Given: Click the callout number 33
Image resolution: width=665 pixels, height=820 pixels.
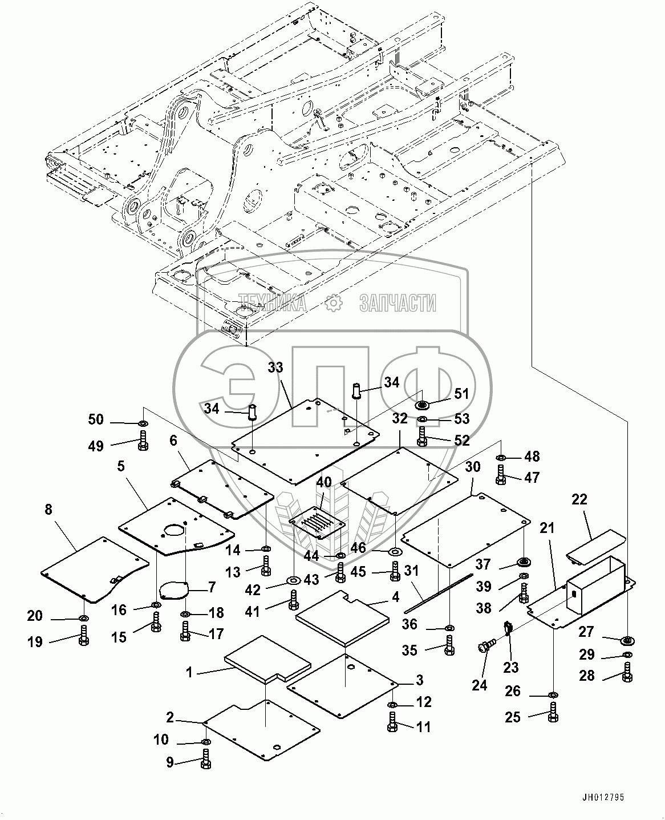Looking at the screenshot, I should [275, 367].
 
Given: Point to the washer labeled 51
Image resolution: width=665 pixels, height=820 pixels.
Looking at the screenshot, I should [423, 406].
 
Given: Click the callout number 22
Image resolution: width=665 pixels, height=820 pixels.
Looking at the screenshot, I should [579, 500].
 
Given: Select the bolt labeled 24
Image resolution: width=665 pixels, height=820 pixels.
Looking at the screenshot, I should [485, 647].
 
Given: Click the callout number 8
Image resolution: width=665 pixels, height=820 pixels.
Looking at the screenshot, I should [48, 509].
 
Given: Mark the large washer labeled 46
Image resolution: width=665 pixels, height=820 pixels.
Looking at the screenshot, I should [394, 552].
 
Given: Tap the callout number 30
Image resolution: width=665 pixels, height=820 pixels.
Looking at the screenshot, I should [473, 467].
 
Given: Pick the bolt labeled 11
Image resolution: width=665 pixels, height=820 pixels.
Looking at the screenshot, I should [392, 722].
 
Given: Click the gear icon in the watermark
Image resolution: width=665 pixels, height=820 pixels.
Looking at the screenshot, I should [332, 304].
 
